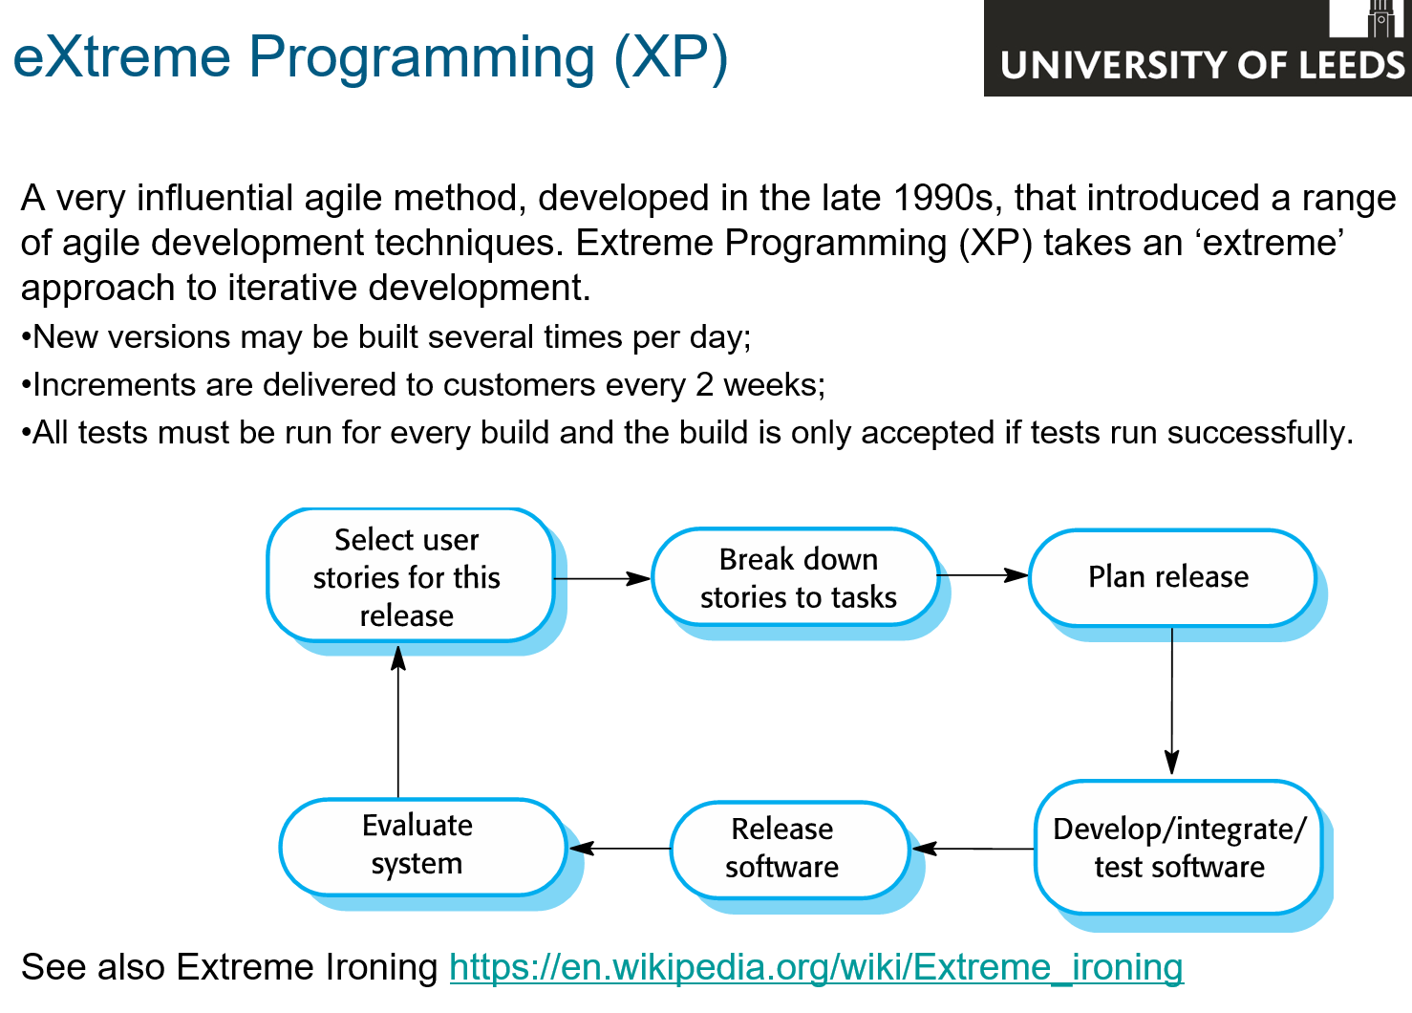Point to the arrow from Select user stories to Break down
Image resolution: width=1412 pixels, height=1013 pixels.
click(602, 578)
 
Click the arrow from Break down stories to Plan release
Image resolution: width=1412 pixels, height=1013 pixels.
click(983, 575)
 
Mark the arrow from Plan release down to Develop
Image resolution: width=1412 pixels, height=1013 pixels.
click(1172, 700)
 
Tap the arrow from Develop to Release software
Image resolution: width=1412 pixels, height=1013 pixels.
click(973, 849)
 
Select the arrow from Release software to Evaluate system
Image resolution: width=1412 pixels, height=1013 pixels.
click(620, 849)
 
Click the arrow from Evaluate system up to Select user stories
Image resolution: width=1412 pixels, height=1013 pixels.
click(397, 722)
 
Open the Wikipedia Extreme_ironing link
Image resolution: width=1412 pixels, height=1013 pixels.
click(816, 966)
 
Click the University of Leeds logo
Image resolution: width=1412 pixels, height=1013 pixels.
click(1198, 48)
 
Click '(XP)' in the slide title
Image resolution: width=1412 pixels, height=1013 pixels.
click(672, 58)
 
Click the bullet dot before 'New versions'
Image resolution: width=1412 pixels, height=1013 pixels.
click(26, 336)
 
